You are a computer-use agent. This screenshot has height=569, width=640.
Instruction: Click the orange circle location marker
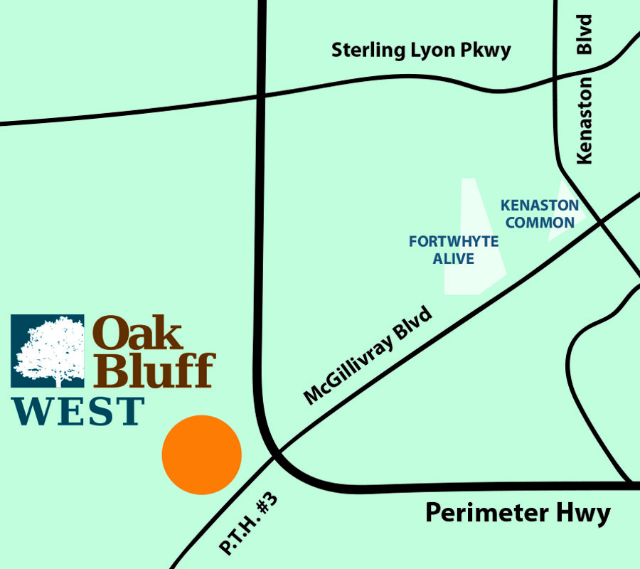tap(202, 454)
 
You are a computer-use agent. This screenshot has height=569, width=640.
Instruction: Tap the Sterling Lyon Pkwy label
tap(421, 51)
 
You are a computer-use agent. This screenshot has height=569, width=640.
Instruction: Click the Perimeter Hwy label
tap(518, 513)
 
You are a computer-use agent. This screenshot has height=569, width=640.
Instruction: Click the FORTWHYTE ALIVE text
tap(454, 250)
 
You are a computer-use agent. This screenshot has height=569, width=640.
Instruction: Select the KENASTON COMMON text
tap(540, 213)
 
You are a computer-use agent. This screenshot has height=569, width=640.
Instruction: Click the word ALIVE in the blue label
tap(454, 259)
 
